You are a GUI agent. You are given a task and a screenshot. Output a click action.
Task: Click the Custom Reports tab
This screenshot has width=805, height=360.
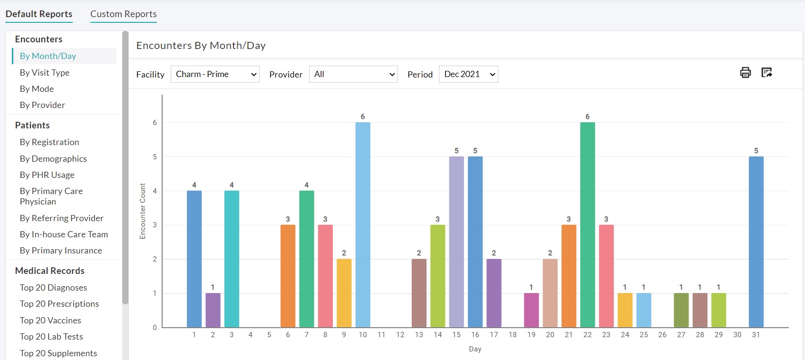(x=123, y=14)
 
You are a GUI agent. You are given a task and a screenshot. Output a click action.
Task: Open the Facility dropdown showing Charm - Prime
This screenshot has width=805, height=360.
(x=215, y=74)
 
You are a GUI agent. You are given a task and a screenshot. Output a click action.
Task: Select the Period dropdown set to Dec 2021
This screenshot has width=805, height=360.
(x=468, y=74)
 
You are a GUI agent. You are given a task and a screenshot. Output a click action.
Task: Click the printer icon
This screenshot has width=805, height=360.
(x=745, y=73)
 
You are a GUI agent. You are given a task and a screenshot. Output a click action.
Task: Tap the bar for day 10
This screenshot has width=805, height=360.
(x=363, y=224)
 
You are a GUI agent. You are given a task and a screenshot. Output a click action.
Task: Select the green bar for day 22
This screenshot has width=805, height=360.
(x=587, y=224)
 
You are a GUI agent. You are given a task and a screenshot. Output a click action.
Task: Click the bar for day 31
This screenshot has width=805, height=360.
(x=756, y=242)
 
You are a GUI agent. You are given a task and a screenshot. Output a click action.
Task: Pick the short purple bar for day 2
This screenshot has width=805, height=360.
(x=213, y=310)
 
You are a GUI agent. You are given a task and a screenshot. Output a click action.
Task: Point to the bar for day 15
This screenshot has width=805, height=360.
(x=456, y=242)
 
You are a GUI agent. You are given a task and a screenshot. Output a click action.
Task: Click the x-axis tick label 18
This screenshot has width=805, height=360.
(x=513, y=335)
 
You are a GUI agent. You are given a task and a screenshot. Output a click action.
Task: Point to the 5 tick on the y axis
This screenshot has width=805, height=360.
(x=155, y=157)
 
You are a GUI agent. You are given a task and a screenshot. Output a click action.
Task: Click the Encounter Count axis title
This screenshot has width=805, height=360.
(x=143, y=211)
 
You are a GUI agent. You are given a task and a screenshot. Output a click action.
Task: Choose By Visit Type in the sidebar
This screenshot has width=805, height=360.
(x=45, y=73)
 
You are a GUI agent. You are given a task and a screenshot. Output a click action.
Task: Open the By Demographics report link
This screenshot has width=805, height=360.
(x=53, y=159)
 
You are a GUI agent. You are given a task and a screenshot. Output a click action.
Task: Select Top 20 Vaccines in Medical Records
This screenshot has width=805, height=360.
(x=50, y=321)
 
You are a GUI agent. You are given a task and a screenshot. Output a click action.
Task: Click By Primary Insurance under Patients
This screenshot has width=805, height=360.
(x=61, y=251)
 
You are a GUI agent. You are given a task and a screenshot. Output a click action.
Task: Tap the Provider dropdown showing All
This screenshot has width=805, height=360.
(x=353, y=74)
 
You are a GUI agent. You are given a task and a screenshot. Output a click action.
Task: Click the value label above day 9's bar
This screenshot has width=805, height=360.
(x=344, y=253)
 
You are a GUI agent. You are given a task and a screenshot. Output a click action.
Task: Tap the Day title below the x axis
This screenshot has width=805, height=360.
(x=475, y=349)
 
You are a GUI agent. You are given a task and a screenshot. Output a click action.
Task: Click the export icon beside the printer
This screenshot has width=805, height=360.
(x=766, y=73)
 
